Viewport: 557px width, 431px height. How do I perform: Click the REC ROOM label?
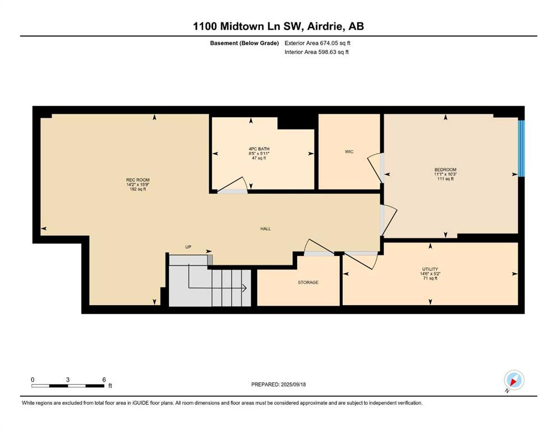pyautogui.click(x=138, y=180)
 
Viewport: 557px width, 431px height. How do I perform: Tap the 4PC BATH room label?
pyautogui.click(x=259, y=149)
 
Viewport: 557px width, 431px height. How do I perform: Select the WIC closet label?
pyautogui.click(x=349, y=152)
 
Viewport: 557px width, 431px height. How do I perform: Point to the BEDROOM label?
pyautogui.click(x=445, y=170)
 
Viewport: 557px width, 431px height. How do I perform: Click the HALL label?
pyautogui.click(x=266, y=229)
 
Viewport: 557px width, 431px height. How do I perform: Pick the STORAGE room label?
pyautogui.click(x=308, y=282)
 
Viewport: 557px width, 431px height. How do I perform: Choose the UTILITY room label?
pyautogui.click(x=430, y=269)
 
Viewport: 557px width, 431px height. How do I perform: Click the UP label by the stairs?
pyautogui.click(x=188, y=246)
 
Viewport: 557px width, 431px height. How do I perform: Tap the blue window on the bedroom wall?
pyautogui.click(x=521, y=149)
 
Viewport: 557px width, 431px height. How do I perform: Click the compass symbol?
pyautogui.click(x=514, y=380)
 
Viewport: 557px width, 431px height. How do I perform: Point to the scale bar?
pyautogui.click(x=68, y=386)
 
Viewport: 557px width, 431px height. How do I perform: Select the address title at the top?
pyautogui.click(x=278, y=26)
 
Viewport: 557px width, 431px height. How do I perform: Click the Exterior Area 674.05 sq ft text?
pyautogui.click(x=317, y=43)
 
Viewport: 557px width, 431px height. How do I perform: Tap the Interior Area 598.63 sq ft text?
pyautogui.click(x=316, y=52)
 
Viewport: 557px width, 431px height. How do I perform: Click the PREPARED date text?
pyautogui.click(x=278, y=384)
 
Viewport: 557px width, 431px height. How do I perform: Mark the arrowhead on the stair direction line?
pyautogui.click(x=245, y=288)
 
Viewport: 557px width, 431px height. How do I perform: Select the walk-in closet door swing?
pyautogui.click(x=374, y=167)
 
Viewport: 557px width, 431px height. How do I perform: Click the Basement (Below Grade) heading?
pyautogui.click(x=245, y=43)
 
